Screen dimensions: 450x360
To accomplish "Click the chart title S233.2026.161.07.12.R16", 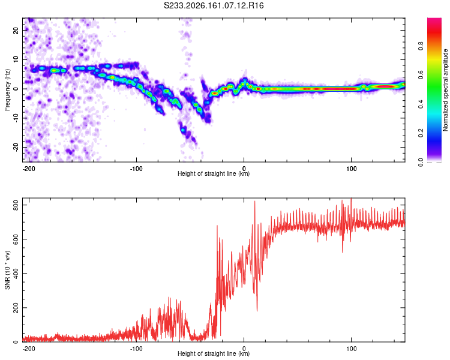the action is click(x=214, y=5).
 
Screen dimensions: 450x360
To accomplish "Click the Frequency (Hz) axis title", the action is click(x=7, y=90).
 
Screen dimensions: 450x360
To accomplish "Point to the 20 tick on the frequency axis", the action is click(x=16, y=30).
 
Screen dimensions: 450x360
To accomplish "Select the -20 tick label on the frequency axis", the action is click(x=16, y=147).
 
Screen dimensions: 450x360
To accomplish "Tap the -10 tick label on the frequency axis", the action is click(x=16, y=118).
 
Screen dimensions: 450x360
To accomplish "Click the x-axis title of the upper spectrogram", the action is click(x=214, y=173).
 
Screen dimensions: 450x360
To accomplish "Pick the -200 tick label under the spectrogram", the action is click(x=29, y=169).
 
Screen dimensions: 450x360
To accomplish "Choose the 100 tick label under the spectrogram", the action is click(x=351, y=169).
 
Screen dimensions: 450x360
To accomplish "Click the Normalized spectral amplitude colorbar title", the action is click(x=445, y=90).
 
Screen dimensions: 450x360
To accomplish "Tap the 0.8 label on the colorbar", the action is click(x=421, y=46).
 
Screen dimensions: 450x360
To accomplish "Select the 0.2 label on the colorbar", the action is click(x=421, y=133).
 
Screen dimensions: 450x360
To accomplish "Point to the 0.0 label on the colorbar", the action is click(x=421, y=163).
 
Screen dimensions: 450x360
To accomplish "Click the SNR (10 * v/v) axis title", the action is click(x=7, y=270).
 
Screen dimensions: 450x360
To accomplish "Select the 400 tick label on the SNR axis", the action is click(x=16, y=274).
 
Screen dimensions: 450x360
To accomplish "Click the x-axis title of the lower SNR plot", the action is click(x=214, y=353).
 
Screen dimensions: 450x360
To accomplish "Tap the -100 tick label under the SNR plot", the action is click(x=136, y=349).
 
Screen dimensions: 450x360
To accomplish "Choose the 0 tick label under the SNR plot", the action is click(x=244, y=349).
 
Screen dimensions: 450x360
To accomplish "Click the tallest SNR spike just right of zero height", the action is click(x=254, y=202).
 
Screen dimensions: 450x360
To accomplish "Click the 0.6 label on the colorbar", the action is click(x=421, y=75).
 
